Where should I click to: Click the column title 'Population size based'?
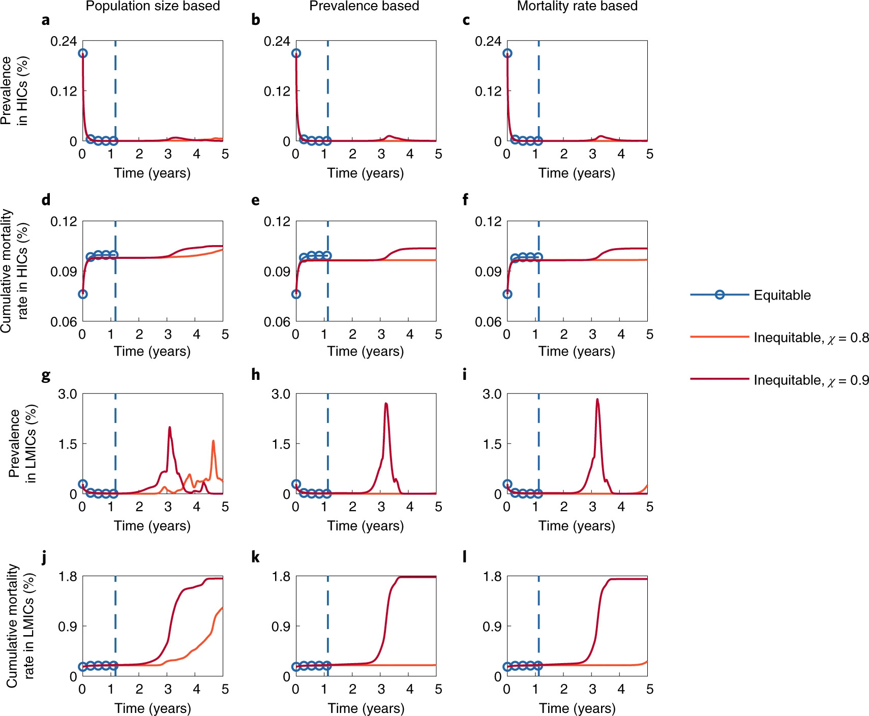pos(153,6)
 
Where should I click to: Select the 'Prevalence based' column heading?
pos(364,6)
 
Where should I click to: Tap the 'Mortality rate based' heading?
pos(577,6)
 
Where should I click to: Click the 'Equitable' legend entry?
pos(782,295)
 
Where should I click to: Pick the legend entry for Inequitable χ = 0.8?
pos(811,338)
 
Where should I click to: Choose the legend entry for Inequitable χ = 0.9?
pos(811,380)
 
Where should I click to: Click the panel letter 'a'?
pos(46,20)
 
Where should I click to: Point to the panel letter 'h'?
pos(255,375)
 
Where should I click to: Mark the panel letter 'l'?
pos(465,557)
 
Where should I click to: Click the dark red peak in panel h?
pos(386,404)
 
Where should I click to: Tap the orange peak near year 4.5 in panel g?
pos(213,441)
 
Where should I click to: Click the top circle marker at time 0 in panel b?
pos(296,53)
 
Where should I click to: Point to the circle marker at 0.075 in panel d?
pos(83,294)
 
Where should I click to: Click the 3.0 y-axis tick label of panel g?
pos(67,394)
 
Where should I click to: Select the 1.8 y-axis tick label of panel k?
pos(281,577)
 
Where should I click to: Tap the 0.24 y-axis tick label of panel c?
pos(488,41)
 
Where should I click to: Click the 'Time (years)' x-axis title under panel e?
pos(365,351)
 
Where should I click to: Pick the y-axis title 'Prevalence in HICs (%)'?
pos(14,91)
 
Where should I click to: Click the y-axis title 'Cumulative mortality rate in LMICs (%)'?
pos(20,625)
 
